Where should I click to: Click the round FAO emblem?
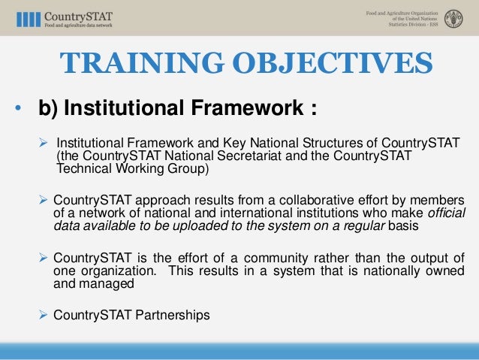pyautogui.click(x=453, y=18)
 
